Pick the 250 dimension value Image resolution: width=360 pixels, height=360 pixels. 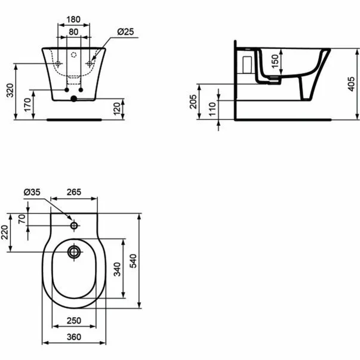(73, 321)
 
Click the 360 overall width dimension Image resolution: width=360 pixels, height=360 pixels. (73, 337)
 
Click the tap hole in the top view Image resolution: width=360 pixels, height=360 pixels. (74, 226)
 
